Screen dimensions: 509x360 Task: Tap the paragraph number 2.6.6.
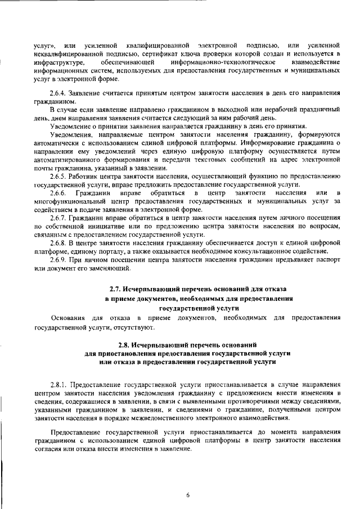pyautogui.click(x=59, y=194)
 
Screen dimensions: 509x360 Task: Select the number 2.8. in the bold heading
pyautogui.click(x=124, y=343)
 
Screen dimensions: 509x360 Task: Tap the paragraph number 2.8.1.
pyautogui.click(x=59, y=384)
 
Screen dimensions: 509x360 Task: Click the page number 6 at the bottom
pyautogui.click(x=188, y=495)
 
